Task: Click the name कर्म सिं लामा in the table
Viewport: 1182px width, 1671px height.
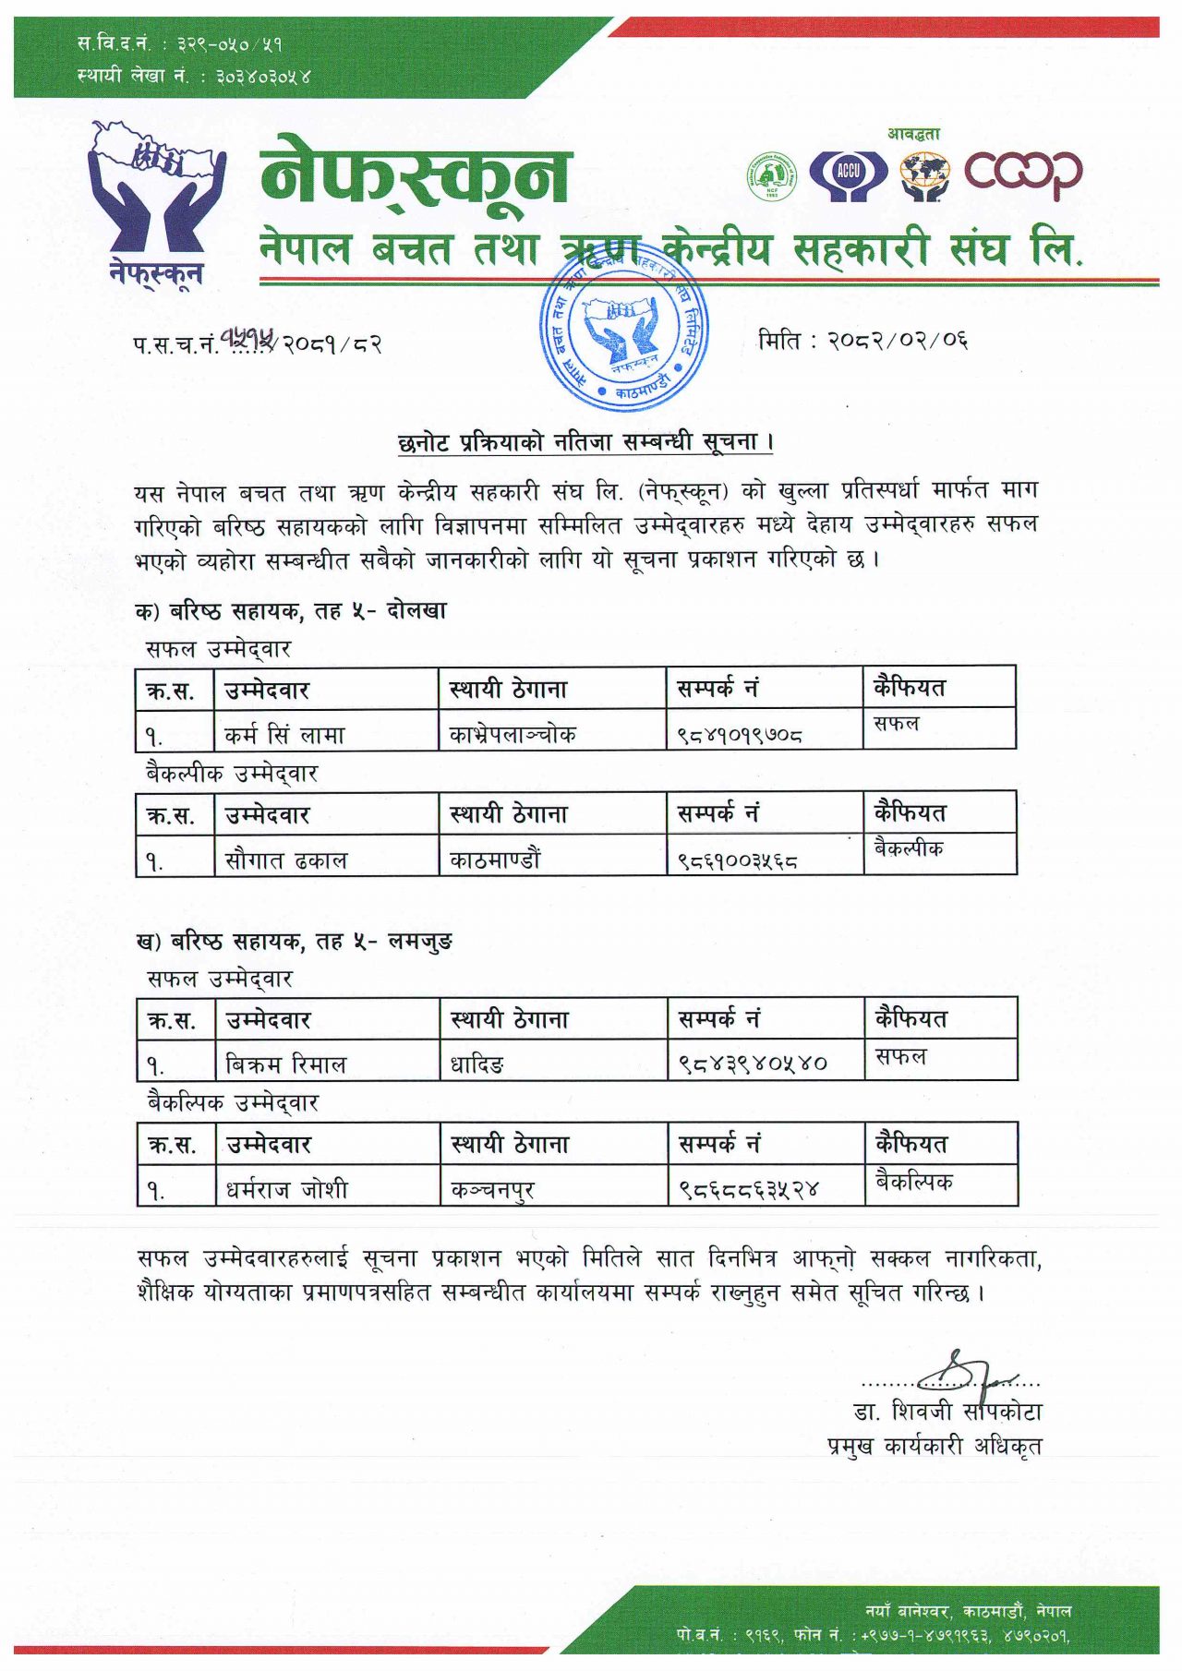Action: (x=284, y=735)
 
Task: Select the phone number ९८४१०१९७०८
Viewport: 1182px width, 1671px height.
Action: (x=739, y=736)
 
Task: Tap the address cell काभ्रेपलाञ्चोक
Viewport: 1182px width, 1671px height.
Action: (x=513, y=735)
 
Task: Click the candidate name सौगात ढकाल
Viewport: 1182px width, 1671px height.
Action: (x=286, y=860)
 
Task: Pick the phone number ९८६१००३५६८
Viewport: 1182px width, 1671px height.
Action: (x=737, y=860)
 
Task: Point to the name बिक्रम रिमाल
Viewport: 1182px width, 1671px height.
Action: (x=286, y=1064)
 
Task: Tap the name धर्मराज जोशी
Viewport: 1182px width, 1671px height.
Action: (x=287, y=1190)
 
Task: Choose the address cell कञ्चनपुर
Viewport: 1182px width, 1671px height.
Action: (x=492, y=1190)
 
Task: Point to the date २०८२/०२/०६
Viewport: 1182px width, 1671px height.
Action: (x=862, y=341)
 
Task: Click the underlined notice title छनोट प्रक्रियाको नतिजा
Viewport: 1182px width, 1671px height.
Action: (x=585, y=442)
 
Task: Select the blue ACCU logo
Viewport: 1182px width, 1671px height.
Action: (x=848, y=174)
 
